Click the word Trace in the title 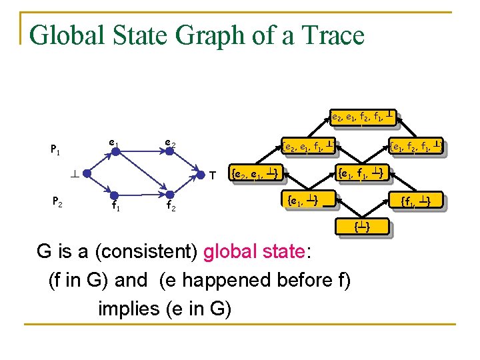pos(328,35)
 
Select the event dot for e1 pos(115,151)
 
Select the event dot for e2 pos(170,151)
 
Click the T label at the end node pos(211,177)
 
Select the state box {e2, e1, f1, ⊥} pos(307,144)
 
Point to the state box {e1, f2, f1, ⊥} pos(416,144)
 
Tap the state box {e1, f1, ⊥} pos(360,174)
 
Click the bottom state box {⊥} pos(361,228)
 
